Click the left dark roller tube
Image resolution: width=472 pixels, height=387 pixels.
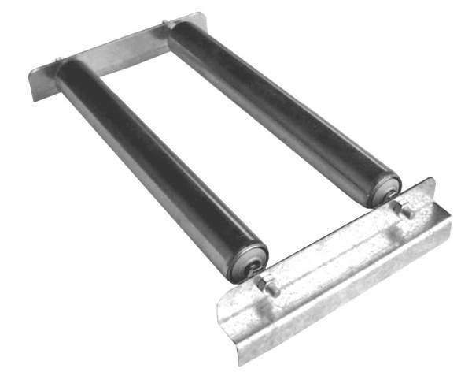[x=157, y=169]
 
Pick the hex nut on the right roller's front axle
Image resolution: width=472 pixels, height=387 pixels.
[x=406, y=210]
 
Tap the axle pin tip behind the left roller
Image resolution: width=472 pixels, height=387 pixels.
[x=60, y=59]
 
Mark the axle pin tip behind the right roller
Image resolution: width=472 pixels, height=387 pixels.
[x=164, y=23]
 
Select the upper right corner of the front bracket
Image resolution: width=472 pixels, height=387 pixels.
[x=432, y=181]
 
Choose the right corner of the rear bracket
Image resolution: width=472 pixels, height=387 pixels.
[x=203, y=16]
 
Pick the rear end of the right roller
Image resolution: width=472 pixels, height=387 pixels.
[x=177, y=32]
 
